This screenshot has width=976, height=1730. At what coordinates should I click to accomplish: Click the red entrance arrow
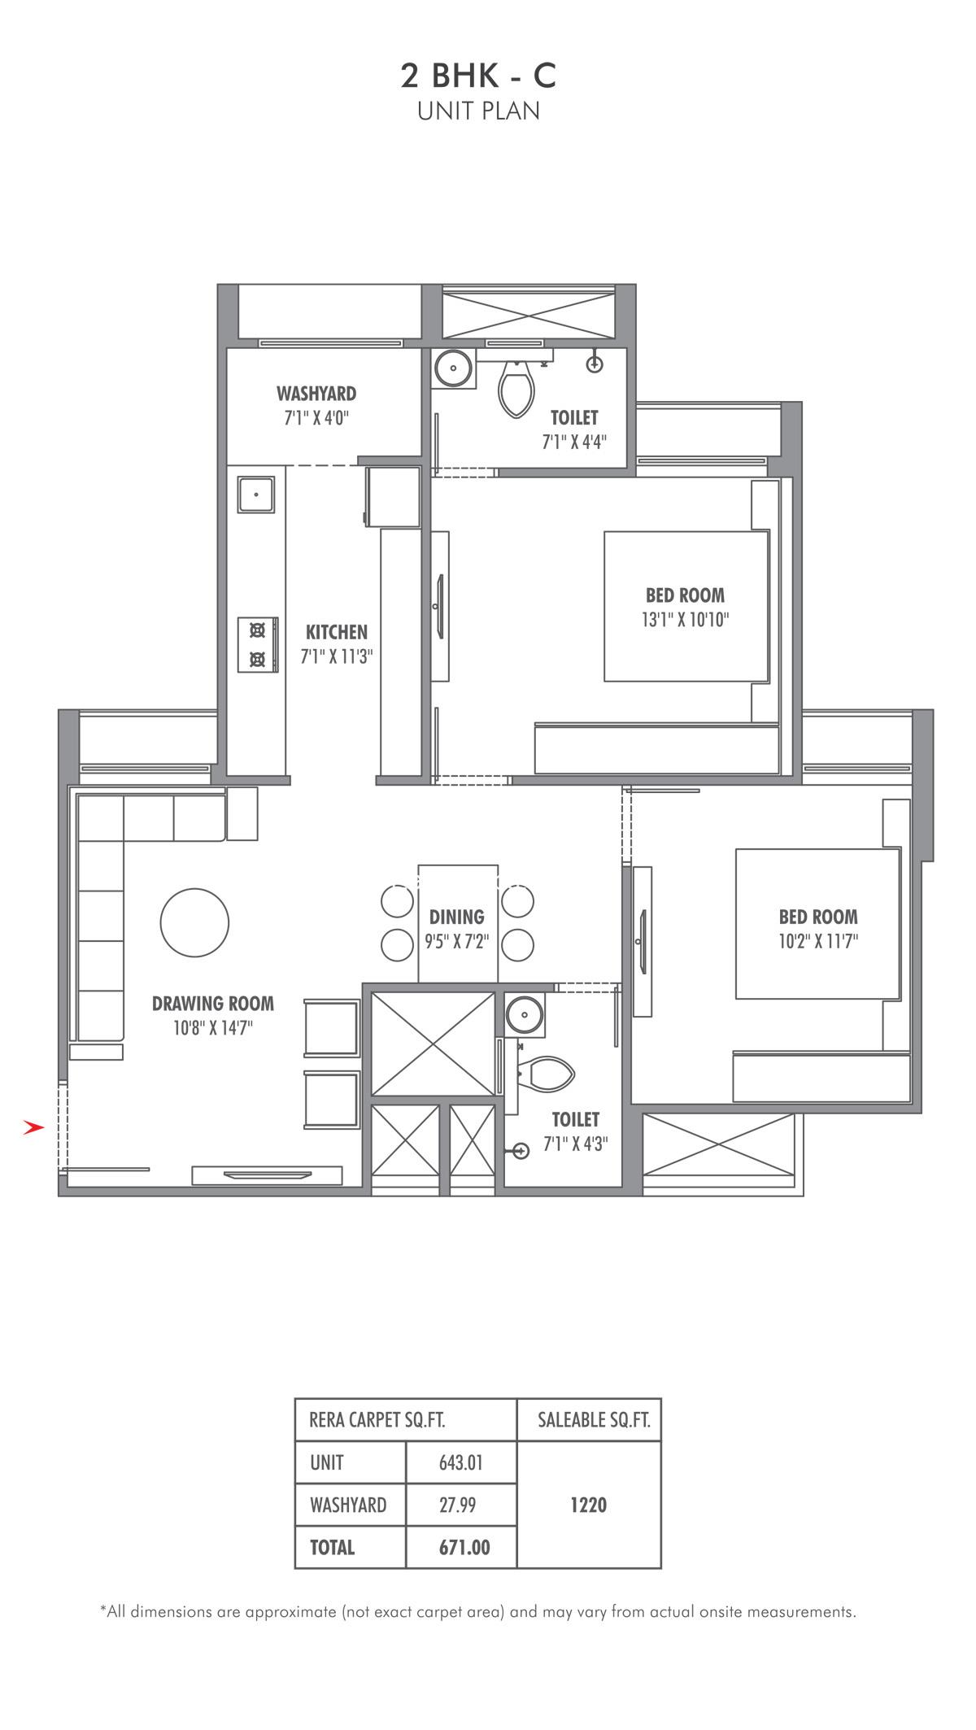[x=33, y=1127]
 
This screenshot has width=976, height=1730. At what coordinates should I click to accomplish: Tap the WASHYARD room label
[x=316, y=394]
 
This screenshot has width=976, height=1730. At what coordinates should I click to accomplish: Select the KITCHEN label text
[x=337, y=632]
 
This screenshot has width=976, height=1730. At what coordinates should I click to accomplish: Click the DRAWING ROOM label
[x=213, y=1004]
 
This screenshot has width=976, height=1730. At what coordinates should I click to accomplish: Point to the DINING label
[x=456, y=917]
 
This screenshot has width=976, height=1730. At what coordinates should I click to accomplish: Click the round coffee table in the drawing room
[x=194, y=922]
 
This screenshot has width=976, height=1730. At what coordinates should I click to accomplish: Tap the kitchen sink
[x=256, y=494]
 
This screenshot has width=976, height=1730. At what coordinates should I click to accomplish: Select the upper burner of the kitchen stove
[x=258, y=630]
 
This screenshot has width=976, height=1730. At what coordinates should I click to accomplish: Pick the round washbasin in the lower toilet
[x=523, y=1014]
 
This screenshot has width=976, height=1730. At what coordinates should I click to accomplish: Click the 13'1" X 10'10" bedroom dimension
[x=685, y=620]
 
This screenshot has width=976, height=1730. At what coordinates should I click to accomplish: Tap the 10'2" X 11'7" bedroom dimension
[x=818, y=942]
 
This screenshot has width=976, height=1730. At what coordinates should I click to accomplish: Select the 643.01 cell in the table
[x=461, y=1463]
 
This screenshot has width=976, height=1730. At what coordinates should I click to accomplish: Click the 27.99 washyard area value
[x=458, y=1506]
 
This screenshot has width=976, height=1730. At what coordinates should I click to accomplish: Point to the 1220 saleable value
[x=588, y=1506]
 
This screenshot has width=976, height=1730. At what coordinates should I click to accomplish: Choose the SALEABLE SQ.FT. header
[x=594, y=1420]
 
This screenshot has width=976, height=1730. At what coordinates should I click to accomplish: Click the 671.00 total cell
[x=464, y=1547]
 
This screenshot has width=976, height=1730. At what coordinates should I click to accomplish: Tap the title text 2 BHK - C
[x=478, y=76]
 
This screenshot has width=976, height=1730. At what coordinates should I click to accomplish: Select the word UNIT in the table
[x=327, y=1463]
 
